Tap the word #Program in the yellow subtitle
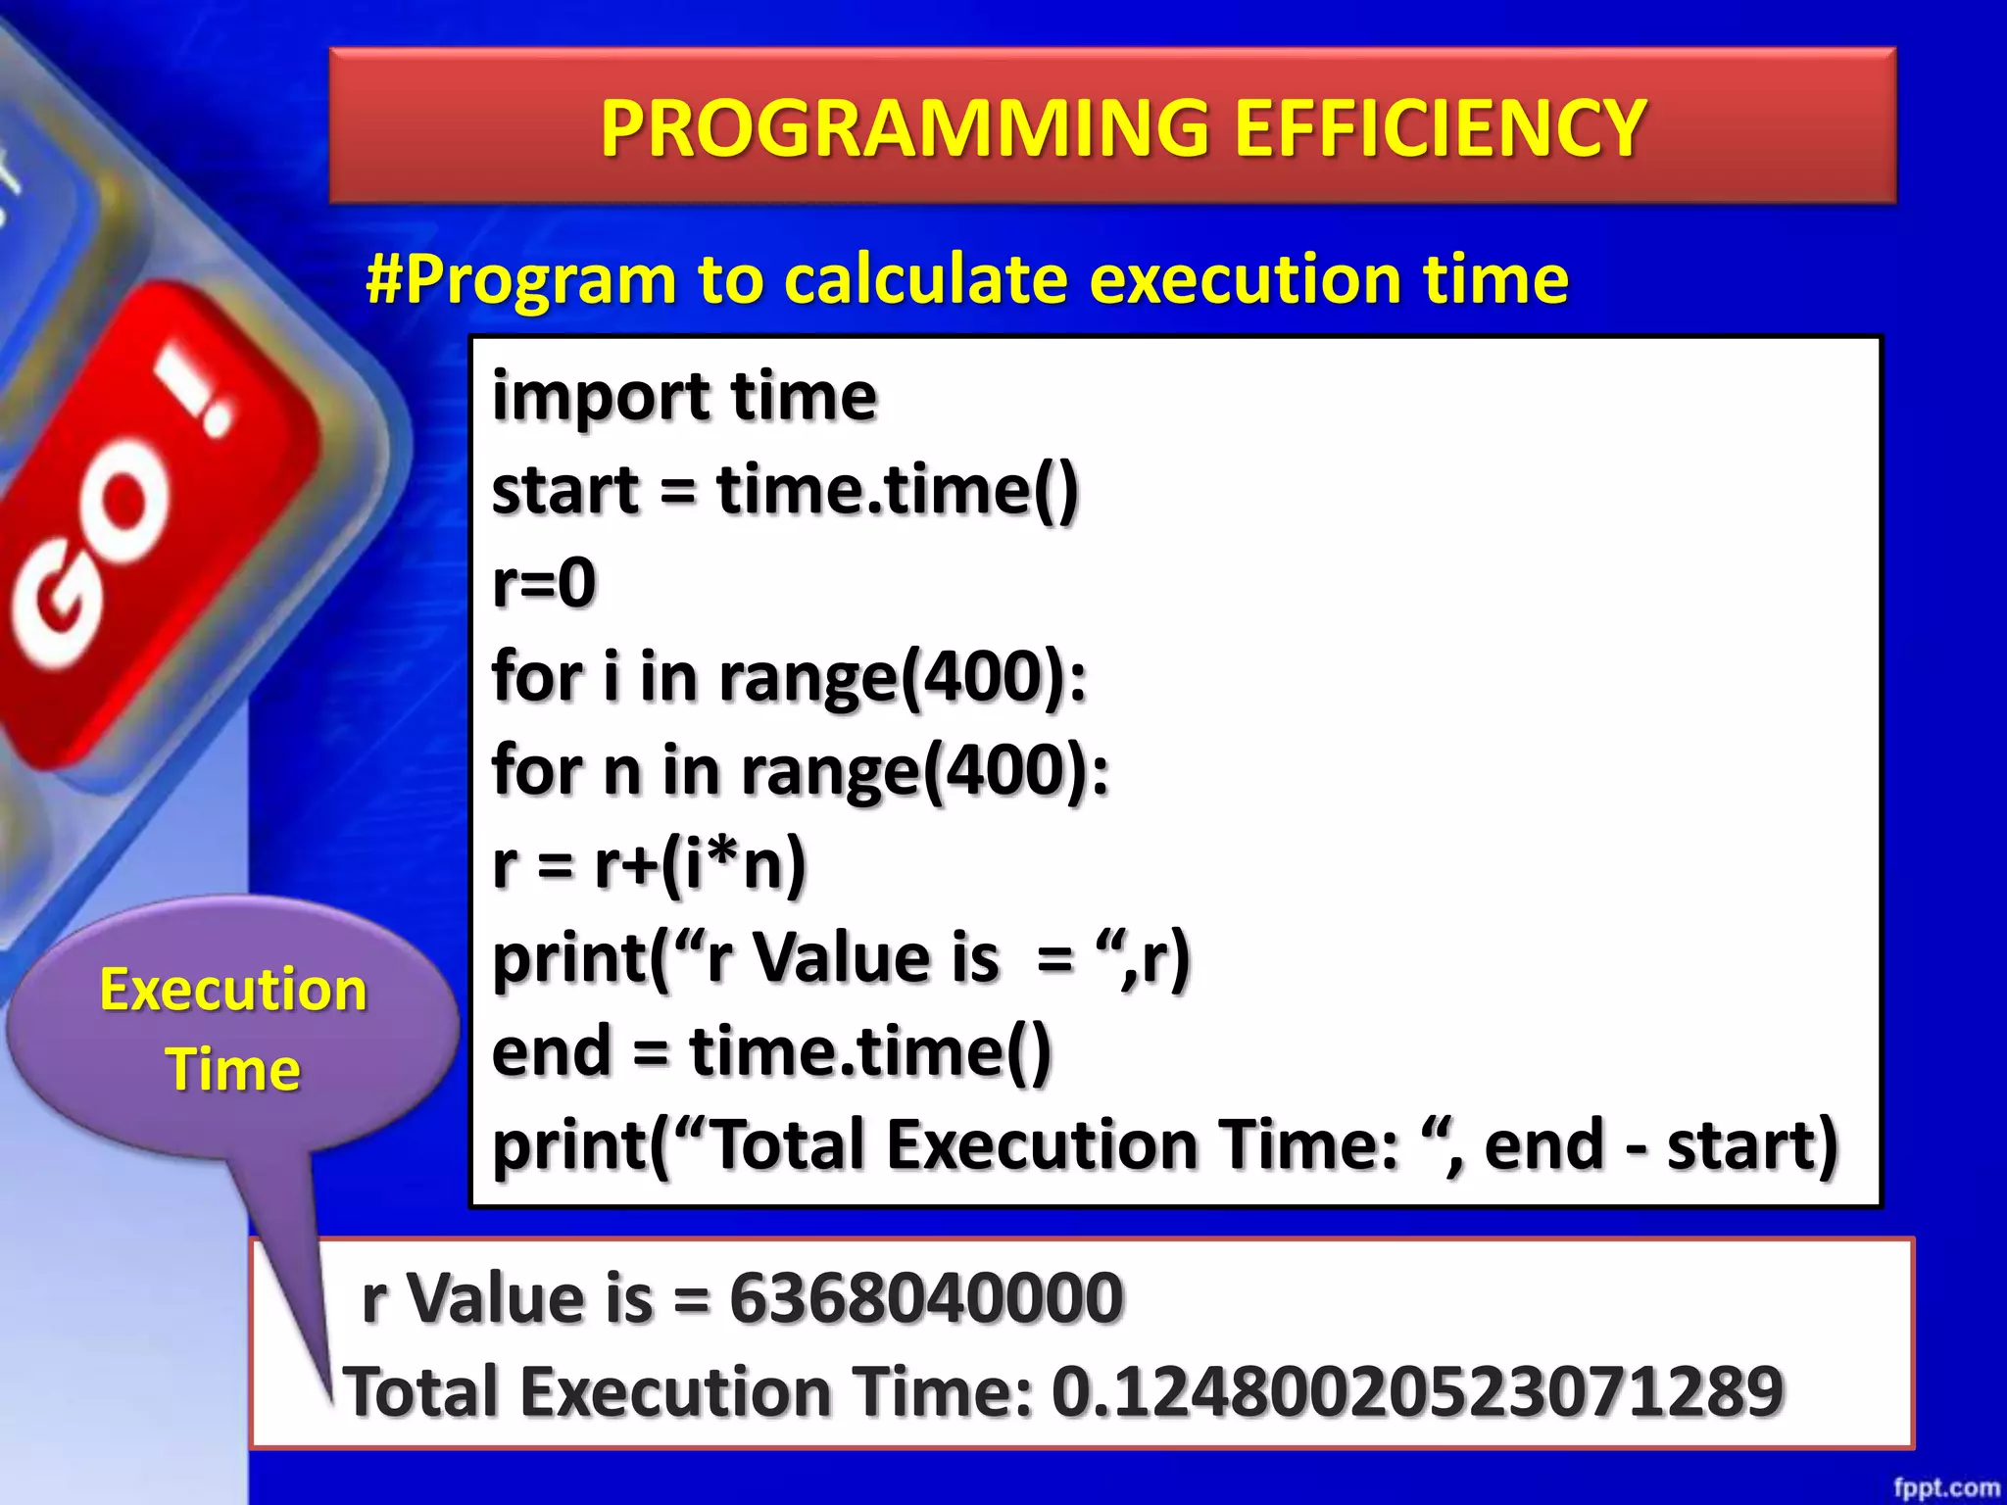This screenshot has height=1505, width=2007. click(x=520, y=279)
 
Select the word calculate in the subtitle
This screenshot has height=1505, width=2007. click(x=926, y=279)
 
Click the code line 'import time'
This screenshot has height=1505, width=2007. click(x=684, y=397)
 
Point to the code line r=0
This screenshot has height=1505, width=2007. click(x=544, y=582)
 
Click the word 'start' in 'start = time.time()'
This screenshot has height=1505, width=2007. click(x=565, y=490)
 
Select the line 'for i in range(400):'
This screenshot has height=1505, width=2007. click(x=789, y=676)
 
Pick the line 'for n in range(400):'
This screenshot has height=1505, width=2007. click(x=800, y=770)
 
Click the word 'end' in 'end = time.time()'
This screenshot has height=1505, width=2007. click(x=551, y=1051)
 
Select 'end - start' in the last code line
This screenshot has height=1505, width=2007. click(x=1660, y=1144)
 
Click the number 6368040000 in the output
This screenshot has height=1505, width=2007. click(x=926, y=1297)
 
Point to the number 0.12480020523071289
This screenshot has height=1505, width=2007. click(x=1416, y=1391)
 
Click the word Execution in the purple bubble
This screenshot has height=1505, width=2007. click(x=233, y=990)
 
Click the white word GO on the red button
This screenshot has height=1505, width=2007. click(x=88, y=558)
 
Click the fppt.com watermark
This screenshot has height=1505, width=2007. click(x=1944, y=1487)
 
